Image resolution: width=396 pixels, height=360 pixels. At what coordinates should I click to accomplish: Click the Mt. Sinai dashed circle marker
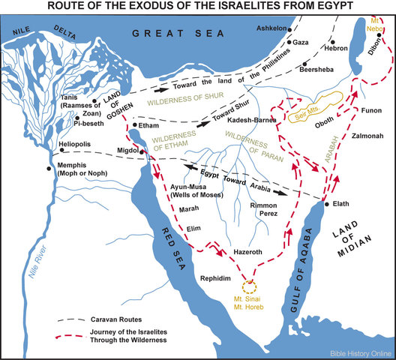[248, 284]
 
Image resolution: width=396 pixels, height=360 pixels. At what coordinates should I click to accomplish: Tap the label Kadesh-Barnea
[253, 120]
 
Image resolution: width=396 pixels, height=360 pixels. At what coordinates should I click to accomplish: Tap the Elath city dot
[325, 203]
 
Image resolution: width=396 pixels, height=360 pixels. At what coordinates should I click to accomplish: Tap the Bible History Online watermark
[359, 352]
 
